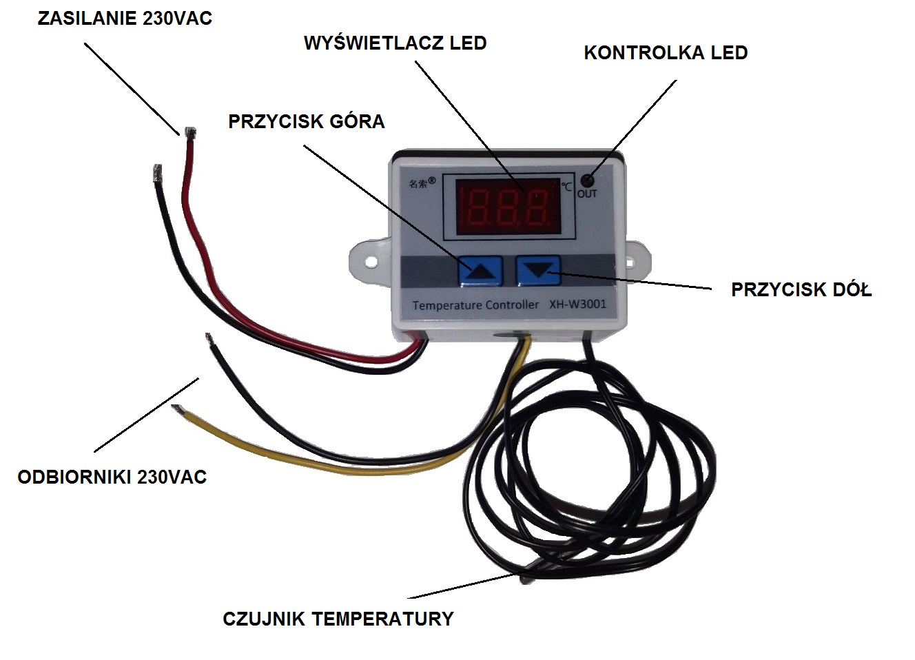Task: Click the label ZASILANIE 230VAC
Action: (125, 19)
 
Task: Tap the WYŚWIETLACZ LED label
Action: (395, 43)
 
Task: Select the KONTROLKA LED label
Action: (666, 53)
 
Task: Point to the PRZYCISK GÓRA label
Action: (307, 122)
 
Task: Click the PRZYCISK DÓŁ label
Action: (801, 290)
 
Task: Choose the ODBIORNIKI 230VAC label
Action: (112, 477)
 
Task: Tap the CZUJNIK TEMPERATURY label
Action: (338, 619)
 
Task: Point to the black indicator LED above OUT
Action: (587, 181)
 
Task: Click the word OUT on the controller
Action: (587, 194)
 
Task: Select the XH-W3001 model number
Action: (577, 303)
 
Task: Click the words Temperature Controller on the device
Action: (475, 305)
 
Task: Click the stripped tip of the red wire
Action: (189, 132)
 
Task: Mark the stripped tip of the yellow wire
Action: (177, 409)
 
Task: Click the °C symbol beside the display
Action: (566, 186)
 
